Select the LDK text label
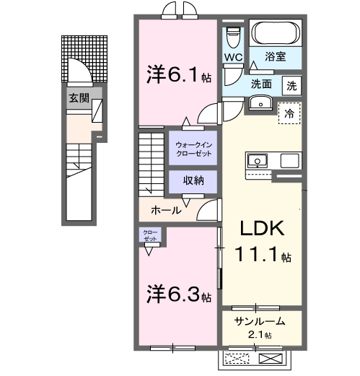[263, 229]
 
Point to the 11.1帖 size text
[263, 255]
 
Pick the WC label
[233, 57]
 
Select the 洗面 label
[261, 84]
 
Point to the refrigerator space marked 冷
[288, 113]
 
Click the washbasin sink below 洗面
[259, 104]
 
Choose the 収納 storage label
[192, 180]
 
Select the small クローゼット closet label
[150, 235]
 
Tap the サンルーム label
[260, 322]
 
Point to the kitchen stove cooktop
[258, 159]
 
